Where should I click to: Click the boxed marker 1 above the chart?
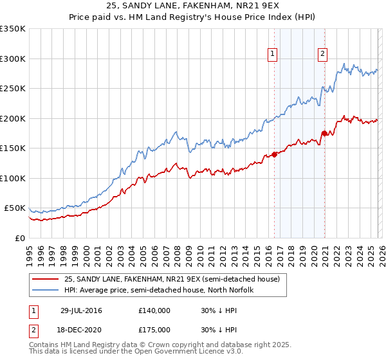tap(273, 54)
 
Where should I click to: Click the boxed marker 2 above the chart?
tap(322, 54)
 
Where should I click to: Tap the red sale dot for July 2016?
tap(274, 154)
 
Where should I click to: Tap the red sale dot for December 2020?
tap(324, 133)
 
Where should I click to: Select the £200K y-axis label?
tap(13, 118)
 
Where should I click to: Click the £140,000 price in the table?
tap(154, 310)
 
